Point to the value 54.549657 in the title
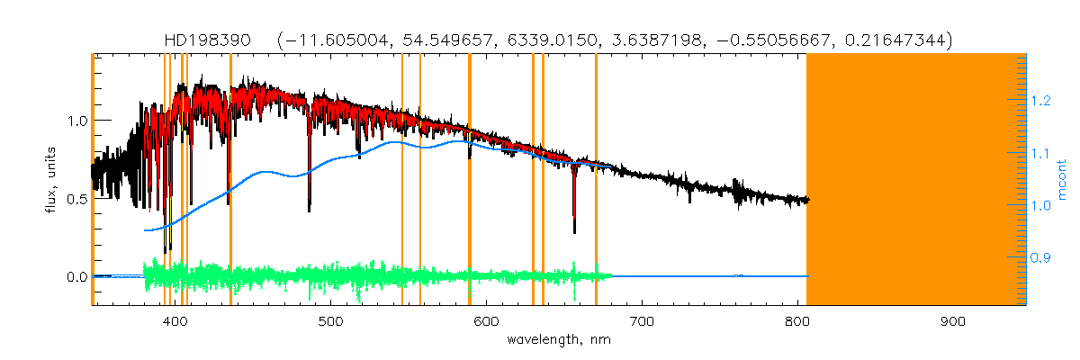point(439,40)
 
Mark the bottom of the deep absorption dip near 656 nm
point(574,232)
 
